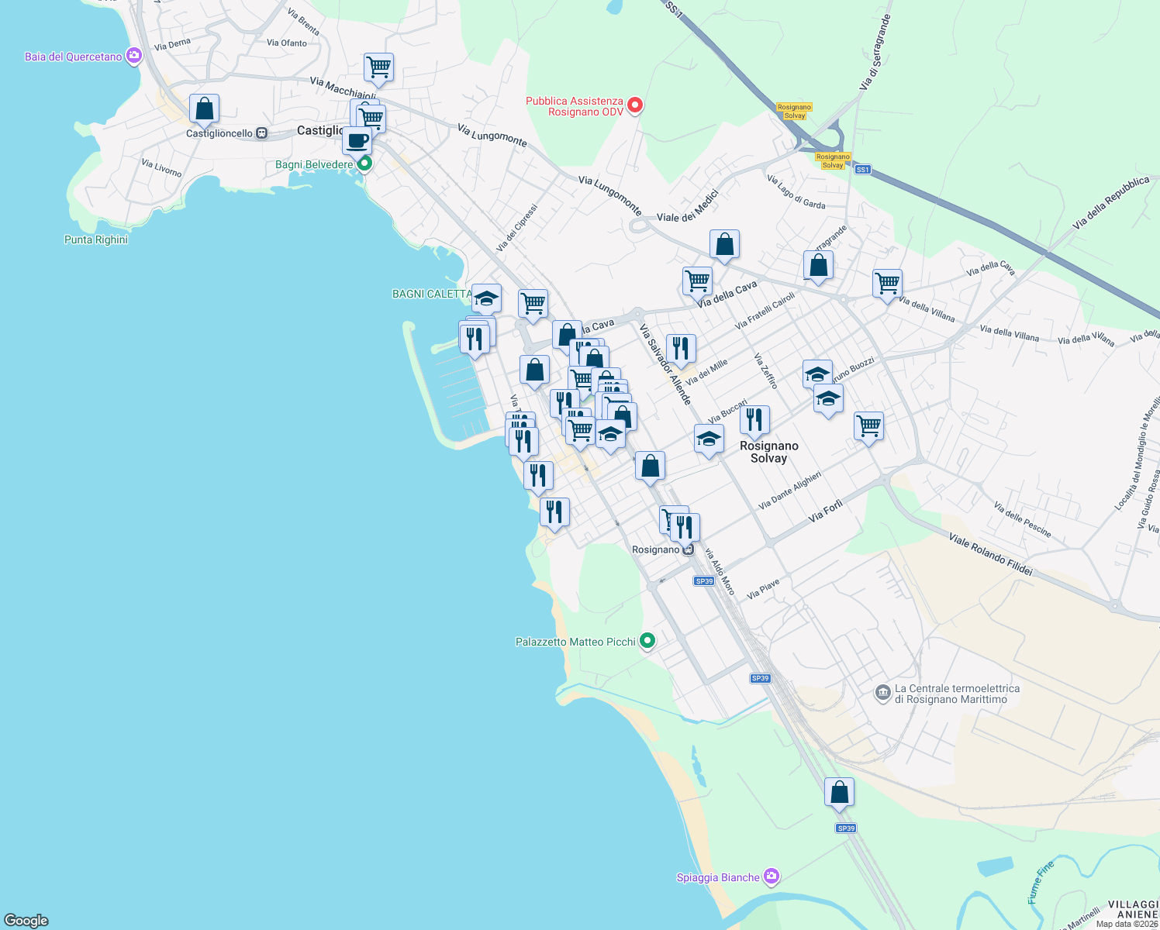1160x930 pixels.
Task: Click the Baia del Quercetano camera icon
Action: click(x=134, y=56)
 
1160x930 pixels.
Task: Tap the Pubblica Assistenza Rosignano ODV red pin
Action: click(x=635, y=105)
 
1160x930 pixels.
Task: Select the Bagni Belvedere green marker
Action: click(x=364, y=164)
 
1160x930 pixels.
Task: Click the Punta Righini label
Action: click(x=96, y=239)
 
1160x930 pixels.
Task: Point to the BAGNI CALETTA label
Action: click(x=431, y=294)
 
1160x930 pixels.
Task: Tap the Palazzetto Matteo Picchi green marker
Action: click(x=648, y=641)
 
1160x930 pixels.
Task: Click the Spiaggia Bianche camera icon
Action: click(x=771, y=877)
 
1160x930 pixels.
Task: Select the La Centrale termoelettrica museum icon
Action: click(x=882, y=693)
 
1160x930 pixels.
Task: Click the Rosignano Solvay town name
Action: click(x=768, y=452)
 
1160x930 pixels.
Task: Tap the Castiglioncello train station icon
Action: click(x=262, y=133)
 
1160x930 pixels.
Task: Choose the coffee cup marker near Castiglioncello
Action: click(x=357, y=141)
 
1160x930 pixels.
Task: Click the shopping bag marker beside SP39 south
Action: click(x=839, y=793)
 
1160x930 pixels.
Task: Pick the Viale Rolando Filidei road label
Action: click(x=990, y=554)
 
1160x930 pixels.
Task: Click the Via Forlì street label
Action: click(x=825, y=511)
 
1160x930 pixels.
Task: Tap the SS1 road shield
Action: click(x=862, y=169)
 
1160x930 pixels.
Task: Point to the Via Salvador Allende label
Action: click(x=665, y=363)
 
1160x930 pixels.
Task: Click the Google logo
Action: click(x=26, y=920)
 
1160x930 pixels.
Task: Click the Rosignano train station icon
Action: click(x=688, y=549)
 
